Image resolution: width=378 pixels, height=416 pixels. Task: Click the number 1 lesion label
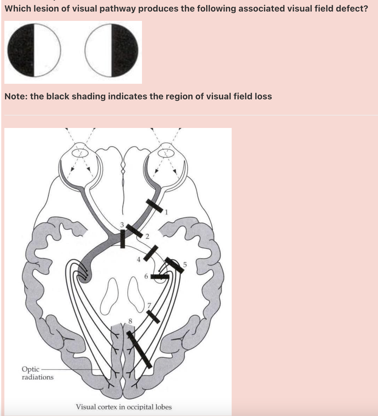(166, 212)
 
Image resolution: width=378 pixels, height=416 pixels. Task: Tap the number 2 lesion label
(147, 237)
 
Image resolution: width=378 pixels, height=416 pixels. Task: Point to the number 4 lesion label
(139, 259)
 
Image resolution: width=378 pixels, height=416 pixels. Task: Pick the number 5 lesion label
(185, 265)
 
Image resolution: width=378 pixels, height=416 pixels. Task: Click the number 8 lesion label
(130, 321)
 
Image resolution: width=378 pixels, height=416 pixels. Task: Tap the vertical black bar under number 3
(123, 239)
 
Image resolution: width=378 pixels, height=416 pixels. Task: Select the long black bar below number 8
(139, 349)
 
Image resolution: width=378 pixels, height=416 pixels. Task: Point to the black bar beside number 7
(153, 316)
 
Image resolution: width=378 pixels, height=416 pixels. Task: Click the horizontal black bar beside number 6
(160, 277)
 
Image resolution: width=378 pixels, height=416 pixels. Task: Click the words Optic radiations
(37, 373)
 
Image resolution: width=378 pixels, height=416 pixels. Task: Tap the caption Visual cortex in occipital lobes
(124, 407)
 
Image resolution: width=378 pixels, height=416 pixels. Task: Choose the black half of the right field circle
(125, 50)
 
